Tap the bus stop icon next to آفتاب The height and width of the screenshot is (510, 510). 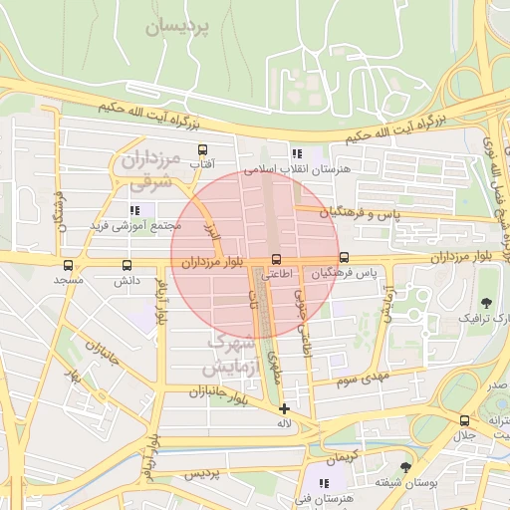[x=203, y=150]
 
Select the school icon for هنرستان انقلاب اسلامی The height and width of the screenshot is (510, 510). [x=296, y=153]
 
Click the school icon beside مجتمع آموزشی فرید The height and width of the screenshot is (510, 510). [x=134, y=210]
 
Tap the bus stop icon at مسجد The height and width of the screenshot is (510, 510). [x=68, y=266]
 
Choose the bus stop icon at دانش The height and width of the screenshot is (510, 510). [x=127, y=266]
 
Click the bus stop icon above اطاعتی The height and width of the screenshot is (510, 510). [x=277, y=259]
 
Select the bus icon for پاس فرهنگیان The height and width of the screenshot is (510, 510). [x=345, y=259]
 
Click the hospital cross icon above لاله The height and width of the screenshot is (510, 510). [x=285, y=408]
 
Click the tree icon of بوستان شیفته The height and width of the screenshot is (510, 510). [x=404, y=466]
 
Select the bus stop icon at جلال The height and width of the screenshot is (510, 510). [x=464, y=420]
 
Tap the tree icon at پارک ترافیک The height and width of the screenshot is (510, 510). [x=486, y=302]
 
